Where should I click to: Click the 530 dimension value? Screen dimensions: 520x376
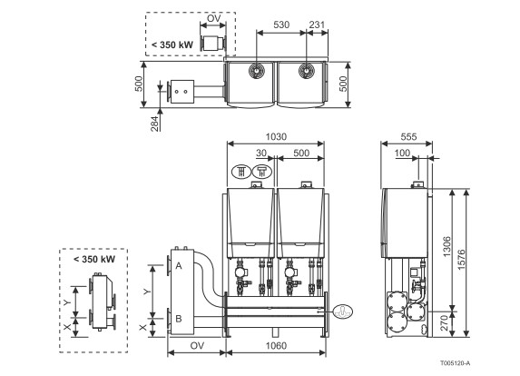pos(281,25)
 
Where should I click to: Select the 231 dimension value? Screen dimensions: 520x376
pos(317,25)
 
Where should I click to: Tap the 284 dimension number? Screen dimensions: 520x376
pos(155,124)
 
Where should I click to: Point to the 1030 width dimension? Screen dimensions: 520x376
pos(276,137)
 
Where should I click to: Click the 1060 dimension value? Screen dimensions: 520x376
pos(276,346)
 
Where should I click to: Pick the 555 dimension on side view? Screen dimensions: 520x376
pos(408,137)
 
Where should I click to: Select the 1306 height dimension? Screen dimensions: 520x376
pos(447,246)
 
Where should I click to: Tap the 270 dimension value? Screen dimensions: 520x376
pos(445,323)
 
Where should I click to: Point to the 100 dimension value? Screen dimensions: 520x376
pos(402,153)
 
